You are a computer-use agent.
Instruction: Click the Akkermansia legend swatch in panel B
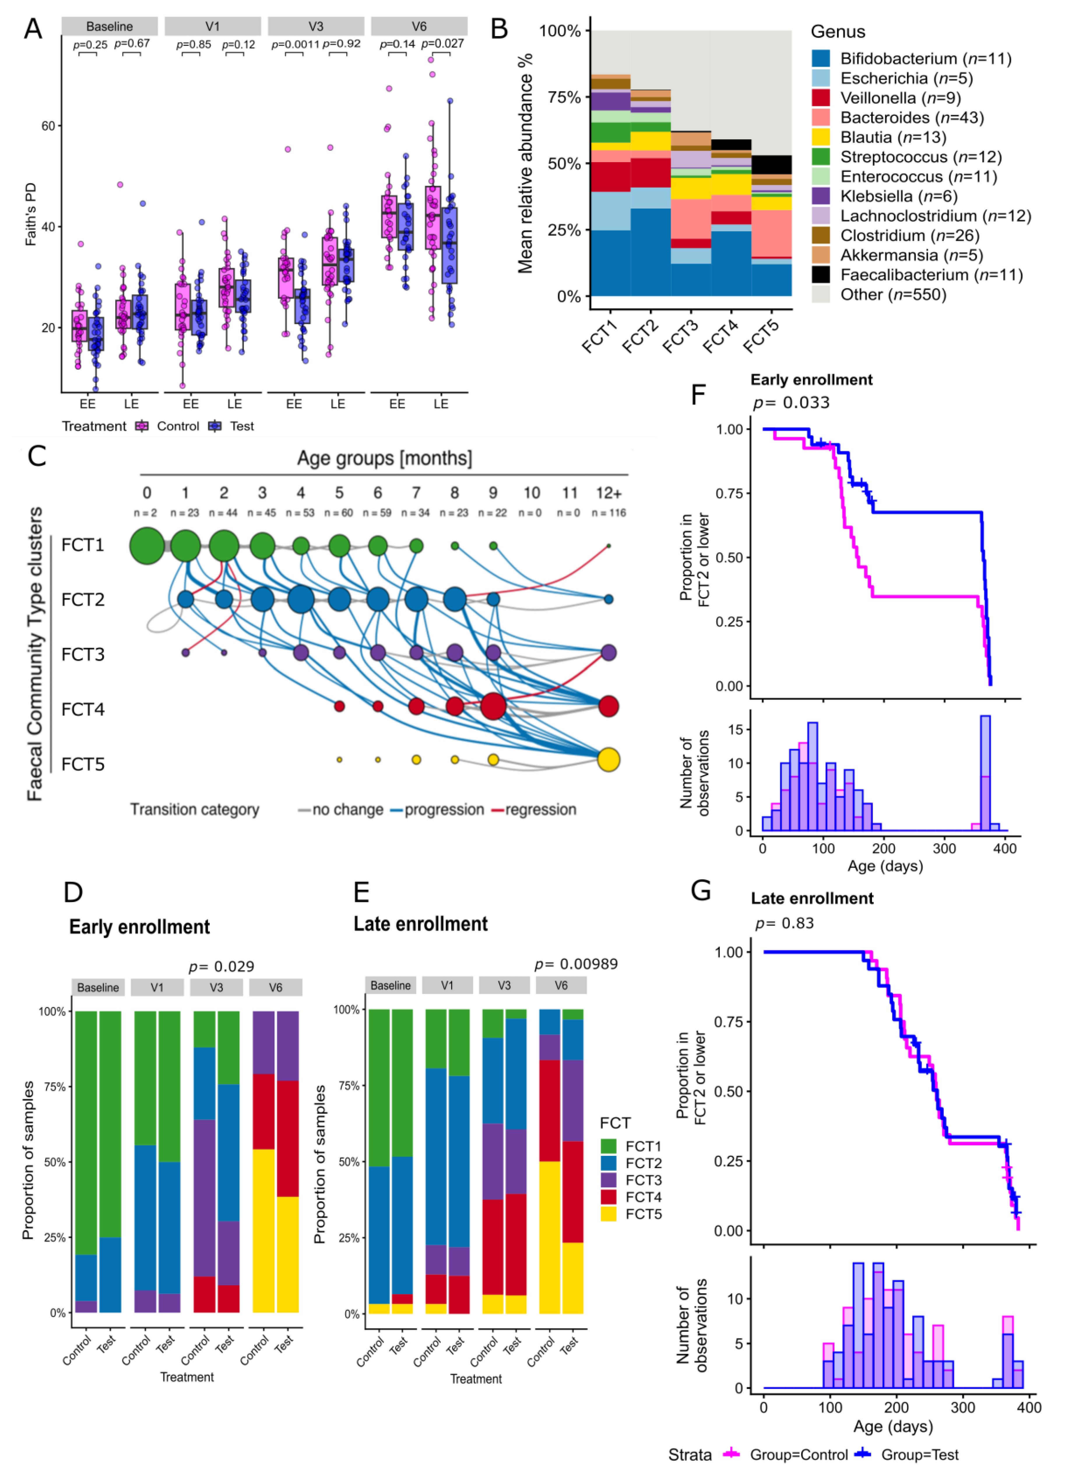click(x=820, y=255)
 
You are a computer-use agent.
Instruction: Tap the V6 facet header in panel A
click(x=419, y=26)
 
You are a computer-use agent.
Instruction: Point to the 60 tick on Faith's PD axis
click(x=48, y=126)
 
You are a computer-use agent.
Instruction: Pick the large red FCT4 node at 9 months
click(x=493, y=706)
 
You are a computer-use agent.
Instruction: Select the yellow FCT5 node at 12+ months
click(x=608, y=760)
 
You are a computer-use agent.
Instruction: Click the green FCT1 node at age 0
click(x=147, y=545)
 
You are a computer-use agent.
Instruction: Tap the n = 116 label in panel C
click(x=608, y=513)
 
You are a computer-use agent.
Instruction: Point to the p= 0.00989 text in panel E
click(x=576, y=964)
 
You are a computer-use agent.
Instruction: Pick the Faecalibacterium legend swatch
click(x=820, y=275)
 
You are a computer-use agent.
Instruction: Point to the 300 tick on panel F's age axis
click(x=944, y=849)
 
